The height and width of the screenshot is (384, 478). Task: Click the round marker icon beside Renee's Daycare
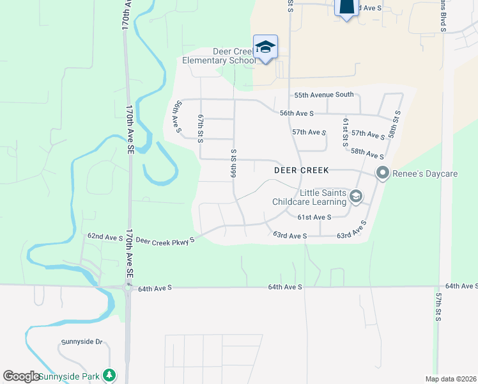[x=383, y=173]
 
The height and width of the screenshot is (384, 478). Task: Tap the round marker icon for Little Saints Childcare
[x=356, y=197]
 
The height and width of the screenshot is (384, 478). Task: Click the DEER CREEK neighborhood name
[x=301, y=171]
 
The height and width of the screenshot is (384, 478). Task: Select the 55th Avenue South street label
[x=323, y=95]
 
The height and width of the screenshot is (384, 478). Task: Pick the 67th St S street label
[x=200, y=129]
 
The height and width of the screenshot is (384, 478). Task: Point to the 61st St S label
[x=344, y=132]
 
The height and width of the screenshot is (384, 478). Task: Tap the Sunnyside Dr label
[x=82, y=342]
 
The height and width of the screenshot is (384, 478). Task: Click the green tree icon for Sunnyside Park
[x=110, y=374]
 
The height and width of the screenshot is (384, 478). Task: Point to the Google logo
[x=21, y=376]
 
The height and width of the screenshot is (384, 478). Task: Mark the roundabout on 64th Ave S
[x=128, y=288]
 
